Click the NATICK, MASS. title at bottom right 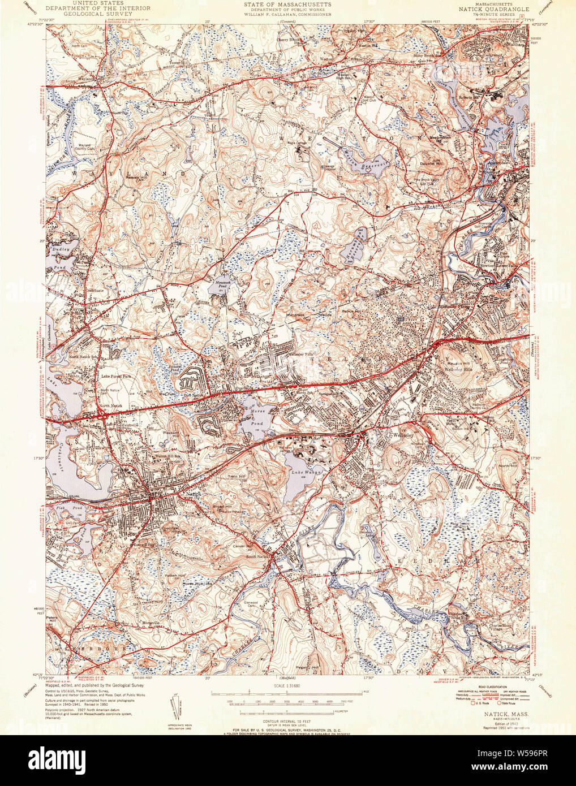tap(506, 715)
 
